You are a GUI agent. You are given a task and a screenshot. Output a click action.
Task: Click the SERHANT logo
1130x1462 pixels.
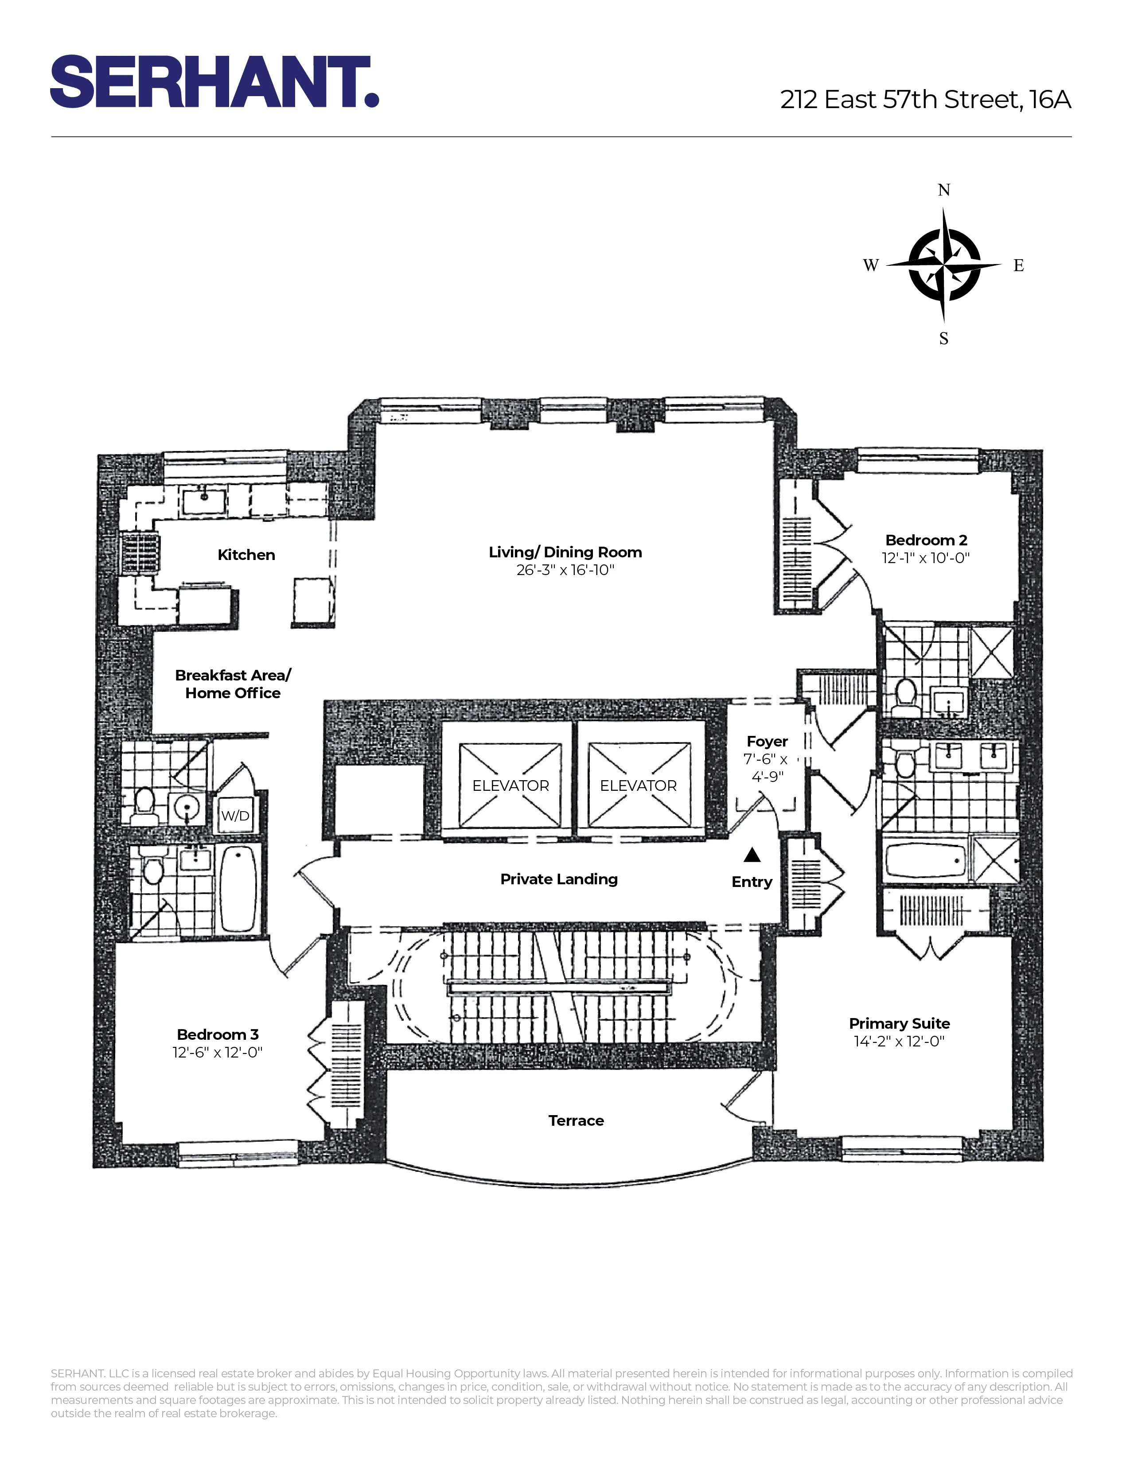click(214, 82)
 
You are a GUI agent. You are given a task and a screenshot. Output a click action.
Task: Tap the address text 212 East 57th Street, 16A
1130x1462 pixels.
click(925, 100)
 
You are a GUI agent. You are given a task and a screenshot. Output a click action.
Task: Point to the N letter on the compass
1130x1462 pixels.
click(944, 190)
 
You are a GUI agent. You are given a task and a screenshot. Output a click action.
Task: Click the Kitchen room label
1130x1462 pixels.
click(246, 555)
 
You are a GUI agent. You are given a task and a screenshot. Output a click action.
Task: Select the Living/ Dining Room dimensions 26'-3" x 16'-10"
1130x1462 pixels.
click(565, 570)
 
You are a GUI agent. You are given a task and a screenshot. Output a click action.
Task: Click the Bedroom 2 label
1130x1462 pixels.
click(926, 540)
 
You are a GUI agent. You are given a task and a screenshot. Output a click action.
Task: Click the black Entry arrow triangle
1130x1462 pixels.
click(752, 855)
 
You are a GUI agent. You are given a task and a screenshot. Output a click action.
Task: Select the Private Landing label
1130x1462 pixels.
click(559, 879)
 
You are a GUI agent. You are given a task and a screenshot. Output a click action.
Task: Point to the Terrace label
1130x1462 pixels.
click(576, 1120)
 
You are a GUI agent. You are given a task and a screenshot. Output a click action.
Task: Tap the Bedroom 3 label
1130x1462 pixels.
click(218, 1035)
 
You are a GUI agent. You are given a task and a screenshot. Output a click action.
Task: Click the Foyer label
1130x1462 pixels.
click(767, 742)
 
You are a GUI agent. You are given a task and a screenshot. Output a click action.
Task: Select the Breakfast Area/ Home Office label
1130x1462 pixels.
click(233, 684)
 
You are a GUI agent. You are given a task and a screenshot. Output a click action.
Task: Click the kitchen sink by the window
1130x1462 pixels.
click(204, 502)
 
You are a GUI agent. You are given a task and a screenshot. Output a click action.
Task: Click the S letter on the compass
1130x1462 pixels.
click(944, 339)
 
